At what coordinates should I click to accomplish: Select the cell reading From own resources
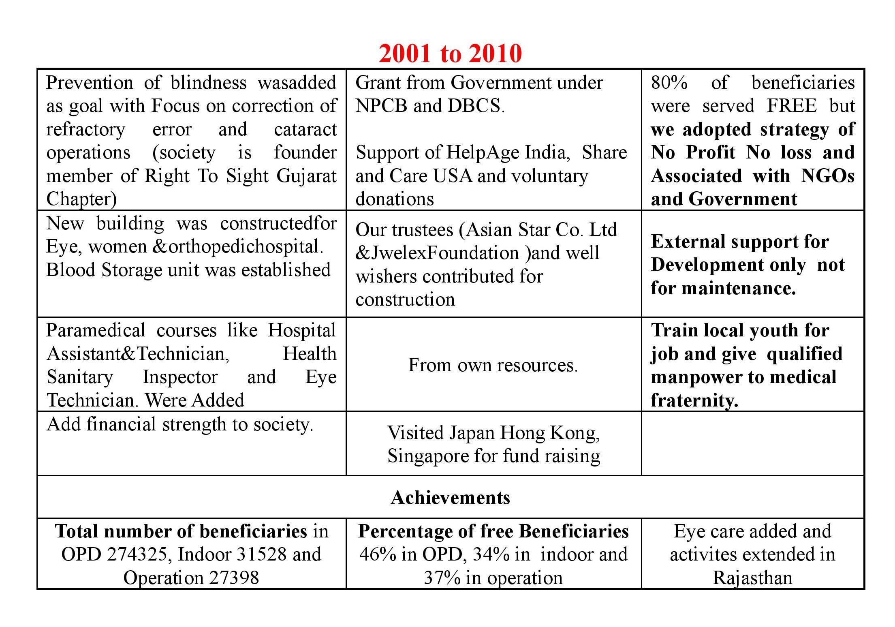coord(493,365)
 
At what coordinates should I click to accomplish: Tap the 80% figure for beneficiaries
coord(669,83)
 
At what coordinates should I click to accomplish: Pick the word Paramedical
coord(96,331)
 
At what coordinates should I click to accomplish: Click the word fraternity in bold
coord(694,400)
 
